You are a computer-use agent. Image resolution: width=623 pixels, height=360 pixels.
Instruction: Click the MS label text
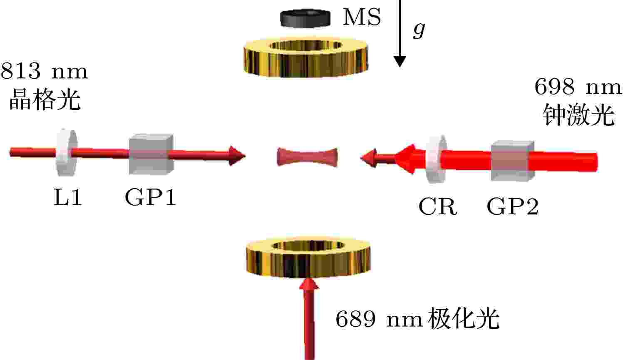pyautogui.click(x=362, y=17)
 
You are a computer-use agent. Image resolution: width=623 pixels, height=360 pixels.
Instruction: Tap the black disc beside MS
pyautogui.click(x=305, y=18)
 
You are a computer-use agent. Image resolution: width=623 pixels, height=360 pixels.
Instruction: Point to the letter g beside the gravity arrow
pyautogui.click(x=419, y=30)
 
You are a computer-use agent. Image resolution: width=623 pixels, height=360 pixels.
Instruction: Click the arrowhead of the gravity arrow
pyautogui.click(x=400, y=62)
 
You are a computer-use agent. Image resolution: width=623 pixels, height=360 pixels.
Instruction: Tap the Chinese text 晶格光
pyautogui.click(x=45, y=99)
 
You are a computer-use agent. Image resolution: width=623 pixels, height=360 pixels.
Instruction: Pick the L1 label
pyautogui.click(x=67, y=197)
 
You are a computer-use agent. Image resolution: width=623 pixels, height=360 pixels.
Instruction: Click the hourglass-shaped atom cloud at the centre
pyautogui.click(x=307, y=157)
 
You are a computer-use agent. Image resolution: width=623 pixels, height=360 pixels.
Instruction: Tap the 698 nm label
pyautogui.click(x=578, y=87)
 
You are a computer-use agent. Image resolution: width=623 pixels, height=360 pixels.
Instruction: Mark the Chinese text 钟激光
pyautogui.click(x=578, y=115)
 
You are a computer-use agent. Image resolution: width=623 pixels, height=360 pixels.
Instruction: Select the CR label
pyautogui.click(x=437, y=206)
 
